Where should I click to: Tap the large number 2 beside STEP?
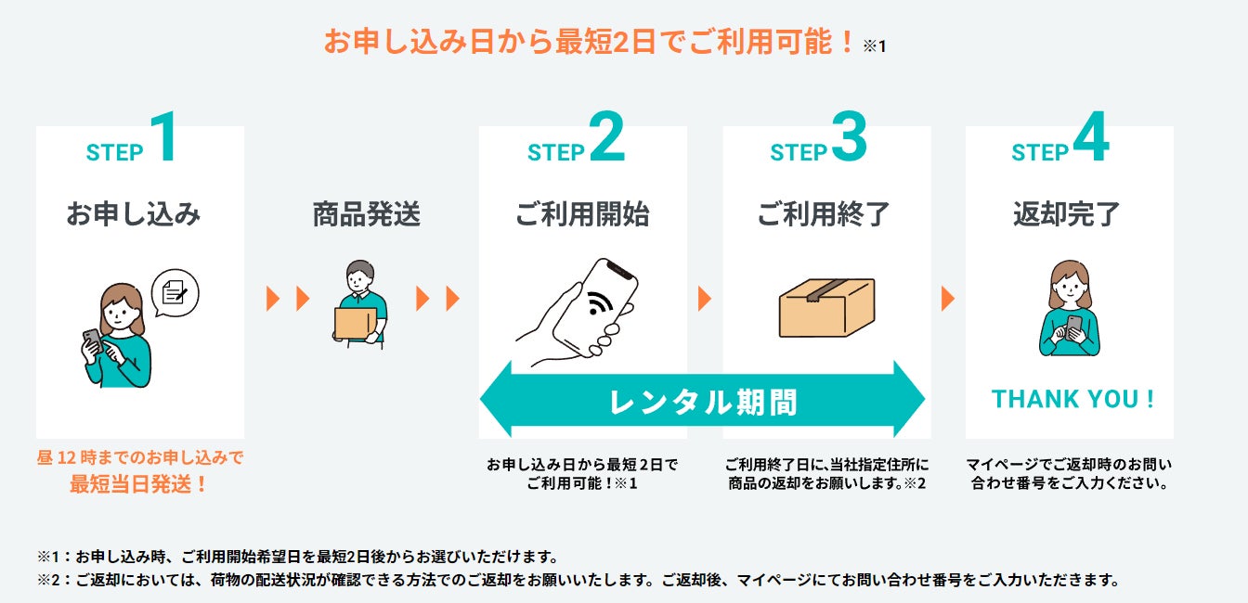click(606, 138)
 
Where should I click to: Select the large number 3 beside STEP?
click(849, 138)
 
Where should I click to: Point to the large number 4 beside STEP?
click(1090, 138)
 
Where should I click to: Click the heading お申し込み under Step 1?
click(133, 214)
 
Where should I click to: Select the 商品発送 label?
click(366, 214)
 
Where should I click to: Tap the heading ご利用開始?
click(582, 214)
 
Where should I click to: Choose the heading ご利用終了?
click(824, 214)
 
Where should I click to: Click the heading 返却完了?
click(1067, 214)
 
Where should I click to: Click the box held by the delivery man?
click(352, 321)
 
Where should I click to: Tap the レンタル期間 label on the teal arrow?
click(703, 402)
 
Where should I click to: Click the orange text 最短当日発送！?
click(139, 483)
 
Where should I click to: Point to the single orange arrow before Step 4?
click(947, 299)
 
